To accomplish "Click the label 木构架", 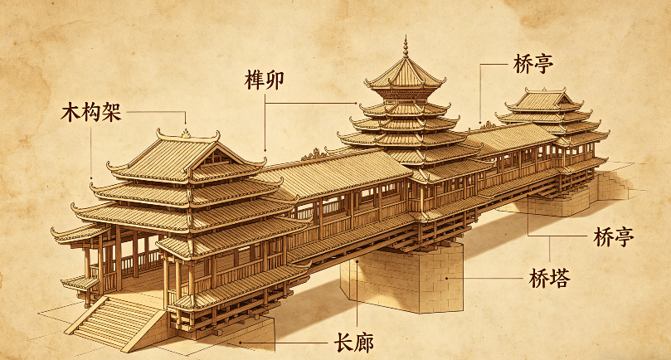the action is (x=91, y=113).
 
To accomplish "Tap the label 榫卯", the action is (x=264, y=80).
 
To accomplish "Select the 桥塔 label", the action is (x=549, y=278).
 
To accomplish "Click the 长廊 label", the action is (x=353, y=343).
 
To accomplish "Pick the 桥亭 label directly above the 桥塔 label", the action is (x=613, y=236).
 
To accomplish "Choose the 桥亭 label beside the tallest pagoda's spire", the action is (x=533, y=64).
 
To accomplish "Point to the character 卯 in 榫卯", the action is (x=275, y=80).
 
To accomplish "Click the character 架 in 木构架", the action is (x=112, y=113).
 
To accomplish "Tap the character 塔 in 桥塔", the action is (x=560, y=278).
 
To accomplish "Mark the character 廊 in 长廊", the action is (x=364, y=343).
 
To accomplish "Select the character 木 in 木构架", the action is (x=71, y=113).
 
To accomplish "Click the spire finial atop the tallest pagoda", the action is (x=406, y=46).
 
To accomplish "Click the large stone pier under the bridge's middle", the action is (x=402, y=278).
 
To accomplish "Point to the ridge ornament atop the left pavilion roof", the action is (x=186, y=133).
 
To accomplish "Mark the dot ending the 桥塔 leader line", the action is (x=447, y=278).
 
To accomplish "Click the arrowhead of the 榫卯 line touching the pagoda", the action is (x=355, y=103).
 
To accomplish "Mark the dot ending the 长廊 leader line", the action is (x=241, y=343).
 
